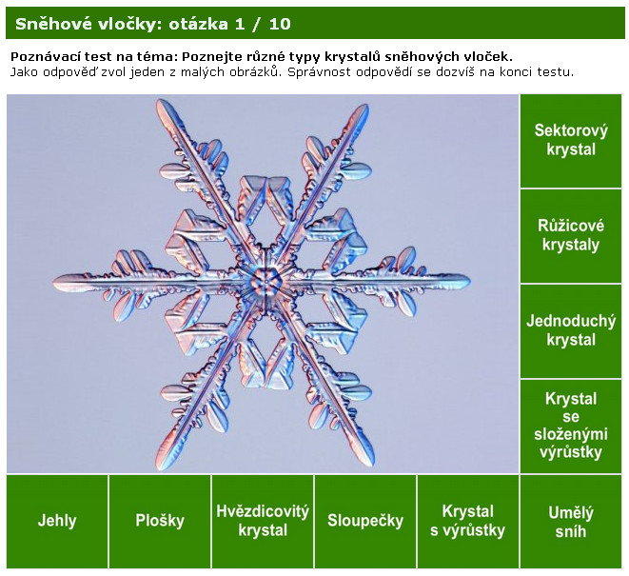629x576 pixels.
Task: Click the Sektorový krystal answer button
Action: pyautogui.click(x=570, y=141)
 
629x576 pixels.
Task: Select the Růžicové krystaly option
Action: pyautogui.click(x=570, y=236)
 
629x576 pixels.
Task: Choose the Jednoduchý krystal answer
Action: pyautogui.click(x=570, y=331)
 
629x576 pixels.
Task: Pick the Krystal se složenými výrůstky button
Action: pyautogui.click(x=570, y=427)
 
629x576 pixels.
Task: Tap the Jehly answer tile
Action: pyautogui.click(x=57, y=522)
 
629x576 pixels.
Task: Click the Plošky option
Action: pyautogui.click(x=160, y=522)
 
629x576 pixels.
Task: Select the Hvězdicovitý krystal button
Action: pyautogui.click(x=263, y=522)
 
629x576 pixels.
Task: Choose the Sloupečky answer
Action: pyautogui.click(x=365, y=522)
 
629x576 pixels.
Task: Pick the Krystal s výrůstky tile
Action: pyautogui.click(x=468, y=522)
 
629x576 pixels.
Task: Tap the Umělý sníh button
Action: pyautogui.click(x=570, y=522)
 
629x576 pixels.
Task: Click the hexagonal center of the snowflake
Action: pyautogui.click(x=265, y=281)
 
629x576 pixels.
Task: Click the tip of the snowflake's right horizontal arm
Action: pyautogui.click(x=469, y=281)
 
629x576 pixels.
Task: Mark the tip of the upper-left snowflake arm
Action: pyautogui.click(x=160, y=102)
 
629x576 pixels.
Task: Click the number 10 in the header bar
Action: pyautogui.click(x=280, y=24)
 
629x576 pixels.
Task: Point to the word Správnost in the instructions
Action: pyautogui.click(x=321, y=72)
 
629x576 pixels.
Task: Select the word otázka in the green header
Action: pyautogui.click(x=198, y=24)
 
